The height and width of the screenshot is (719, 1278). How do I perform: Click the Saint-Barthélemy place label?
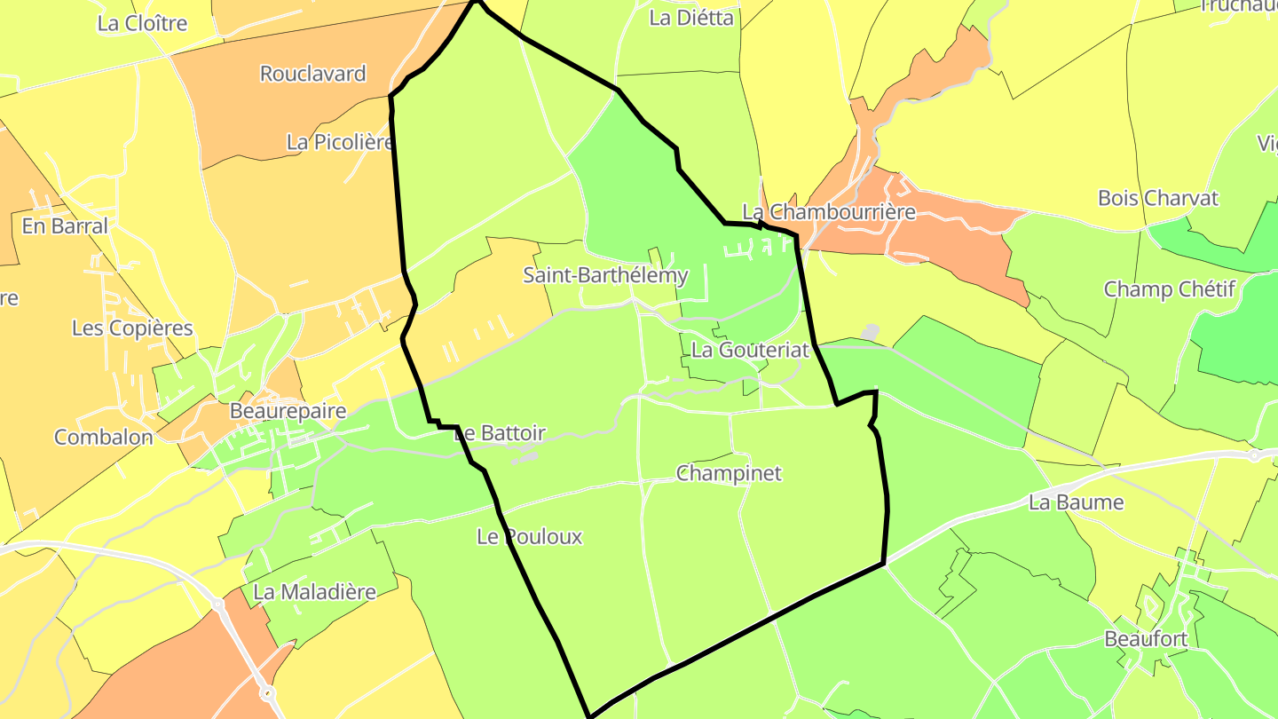(x=605, y=275)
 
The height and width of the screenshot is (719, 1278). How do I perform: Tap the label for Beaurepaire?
(x=287, y=411)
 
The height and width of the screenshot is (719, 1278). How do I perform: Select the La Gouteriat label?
(x=750, y=350)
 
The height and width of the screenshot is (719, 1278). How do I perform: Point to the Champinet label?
(x=729, y=473)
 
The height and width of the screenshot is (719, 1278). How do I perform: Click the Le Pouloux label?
(x=529, y=536)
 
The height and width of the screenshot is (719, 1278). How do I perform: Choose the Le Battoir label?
(x=500, y=433)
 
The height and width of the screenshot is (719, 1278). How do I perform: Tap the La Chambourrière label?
(x=828, y=212)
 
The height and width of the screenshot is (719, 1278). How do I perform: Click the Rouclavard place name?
(x=312, y=74)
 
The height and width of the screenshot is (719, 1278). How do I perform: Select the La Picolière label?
(x=340, y=142)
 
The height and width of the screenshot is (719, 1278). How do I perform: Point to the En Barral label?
(x=65, y=226)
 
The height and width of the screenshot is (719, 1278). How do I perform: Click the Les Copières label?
(x=132, y=328)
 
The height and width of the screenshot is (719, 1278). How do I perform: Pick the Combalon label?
(x=103, y=438)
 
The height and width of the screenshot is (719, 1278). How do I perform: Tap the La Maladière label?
(x=314, y=592)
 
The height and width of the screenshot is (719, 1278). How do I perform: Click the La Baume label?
(x=1076, y=502)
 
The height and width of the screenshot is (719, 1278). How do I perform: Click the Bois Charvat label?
(x=1158, y=198)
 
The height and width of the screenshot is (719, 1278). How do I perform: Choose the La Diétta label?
(x=692, y=18)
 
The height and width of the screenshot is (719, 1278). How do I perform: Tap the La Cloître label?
(x=142, y=23)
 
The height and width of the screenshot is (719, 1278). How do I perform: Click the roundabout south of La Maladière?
(x=268, y=692)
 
